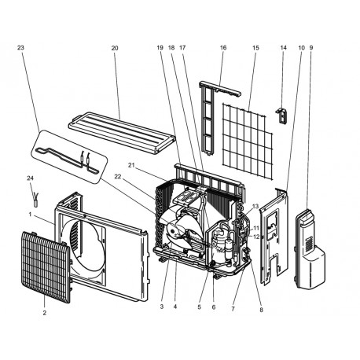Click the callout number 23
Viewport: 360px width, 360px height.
pyautogui.click(x=20, y=48)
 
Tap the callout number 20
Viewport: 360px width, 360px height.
pyautogui.click(x=115, y=48)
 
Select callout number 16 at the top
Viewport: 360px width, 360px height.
pyautogui.click(x=223, y=48)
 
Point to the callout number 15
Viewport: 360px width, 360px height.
pyautogui.click(x=255, y=48)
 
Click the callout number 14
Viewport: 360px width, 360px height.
pyautogui.click(x=284, y=48)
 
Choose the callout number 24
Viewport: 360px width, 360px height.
pyautogui.click(x=31, y=178)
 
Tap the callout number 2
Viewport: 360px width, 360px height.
pyautogui.click(x=44, y=313)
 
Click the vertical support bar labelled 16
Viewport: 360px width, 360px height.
pyautogui.click(x=208, y=118)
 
